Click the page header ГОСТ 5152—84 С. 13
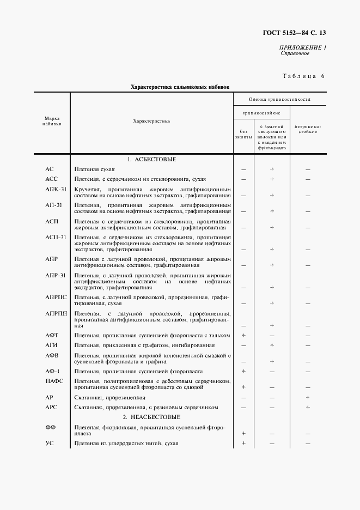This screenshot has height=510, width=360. click(294, 34)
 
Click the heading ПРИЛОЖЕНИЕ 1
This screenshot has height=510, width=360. click(303, 48)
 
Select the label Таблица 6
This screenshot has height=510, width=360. click(303, 76)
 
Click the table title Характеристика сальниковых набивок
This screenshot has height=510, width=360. click(180, 86)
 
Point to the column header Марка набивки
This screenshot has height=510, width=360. click(52, 121)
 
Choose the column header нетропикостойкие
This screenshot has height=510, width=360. click(308, 129)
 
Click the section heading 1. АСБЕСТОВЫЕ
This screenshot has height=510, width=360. click(151, 160)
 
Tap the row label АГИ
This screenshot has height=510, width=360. click(52, 345)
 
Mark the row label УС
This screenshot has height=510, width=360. click(49, 444)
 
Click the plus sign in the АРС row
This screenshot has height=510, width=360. click(308, 407)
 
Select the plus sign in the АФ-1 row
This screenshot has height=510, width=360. click(243, 371)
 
